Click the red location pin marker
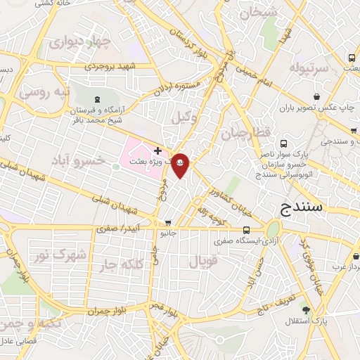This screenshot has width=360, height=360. [181, 164]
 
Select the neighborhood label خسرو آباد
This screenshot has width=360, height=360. [78, 161]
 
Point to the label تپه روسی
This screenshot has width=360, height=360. [44, 92]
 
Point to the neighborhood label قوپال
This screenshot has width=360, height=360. [205, 262]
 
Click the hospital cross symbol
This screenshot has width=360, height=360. [157, 150]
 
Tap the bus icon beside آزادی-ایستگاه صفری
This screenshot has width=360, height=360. [246, 230]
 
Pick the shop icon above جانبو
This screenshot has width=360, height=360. [167, 223]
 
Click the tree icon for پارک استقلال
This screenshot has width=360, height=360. [305, 309]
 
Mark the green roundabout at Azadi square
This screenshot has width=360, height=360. [274, 229]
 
